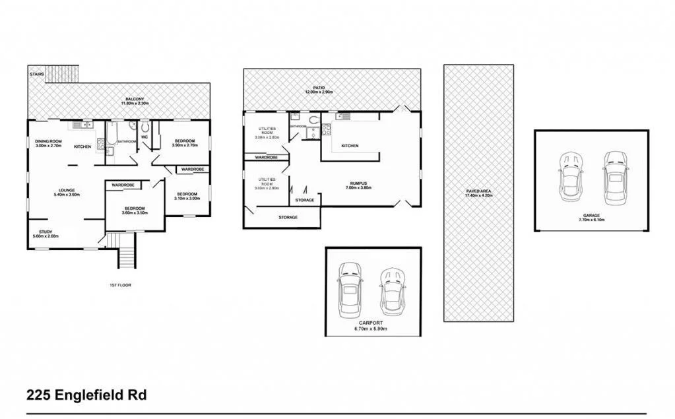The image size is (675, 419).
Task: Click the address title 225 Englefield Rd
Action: [86, 396]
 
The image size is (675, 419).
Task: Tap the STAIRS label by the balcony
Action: [37, 75]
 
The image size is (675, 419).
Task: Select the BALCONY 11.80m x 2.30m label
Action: [135, 101]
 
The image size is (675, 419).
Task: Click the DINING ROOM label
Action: [48, 143]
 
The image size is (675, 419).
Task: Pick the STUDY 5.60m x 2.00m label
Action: [46, 234]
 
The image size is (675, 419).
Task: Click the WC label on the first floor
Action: [144, 137]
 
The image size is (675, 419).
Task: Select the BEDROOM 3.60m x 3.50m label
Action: [135, 211]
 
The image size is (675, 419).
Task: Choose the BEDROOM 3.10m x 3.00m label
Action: [187, 196]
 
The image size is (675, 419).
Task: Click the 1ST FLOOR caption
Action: [119, 285]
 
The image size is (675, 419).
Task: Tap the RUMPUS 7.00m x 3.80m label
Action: [359, 185]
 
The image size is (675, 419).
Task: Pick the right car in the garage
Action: [614, 176]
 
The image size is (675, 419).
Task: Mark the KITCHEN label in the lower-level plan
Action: [350, 146]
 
